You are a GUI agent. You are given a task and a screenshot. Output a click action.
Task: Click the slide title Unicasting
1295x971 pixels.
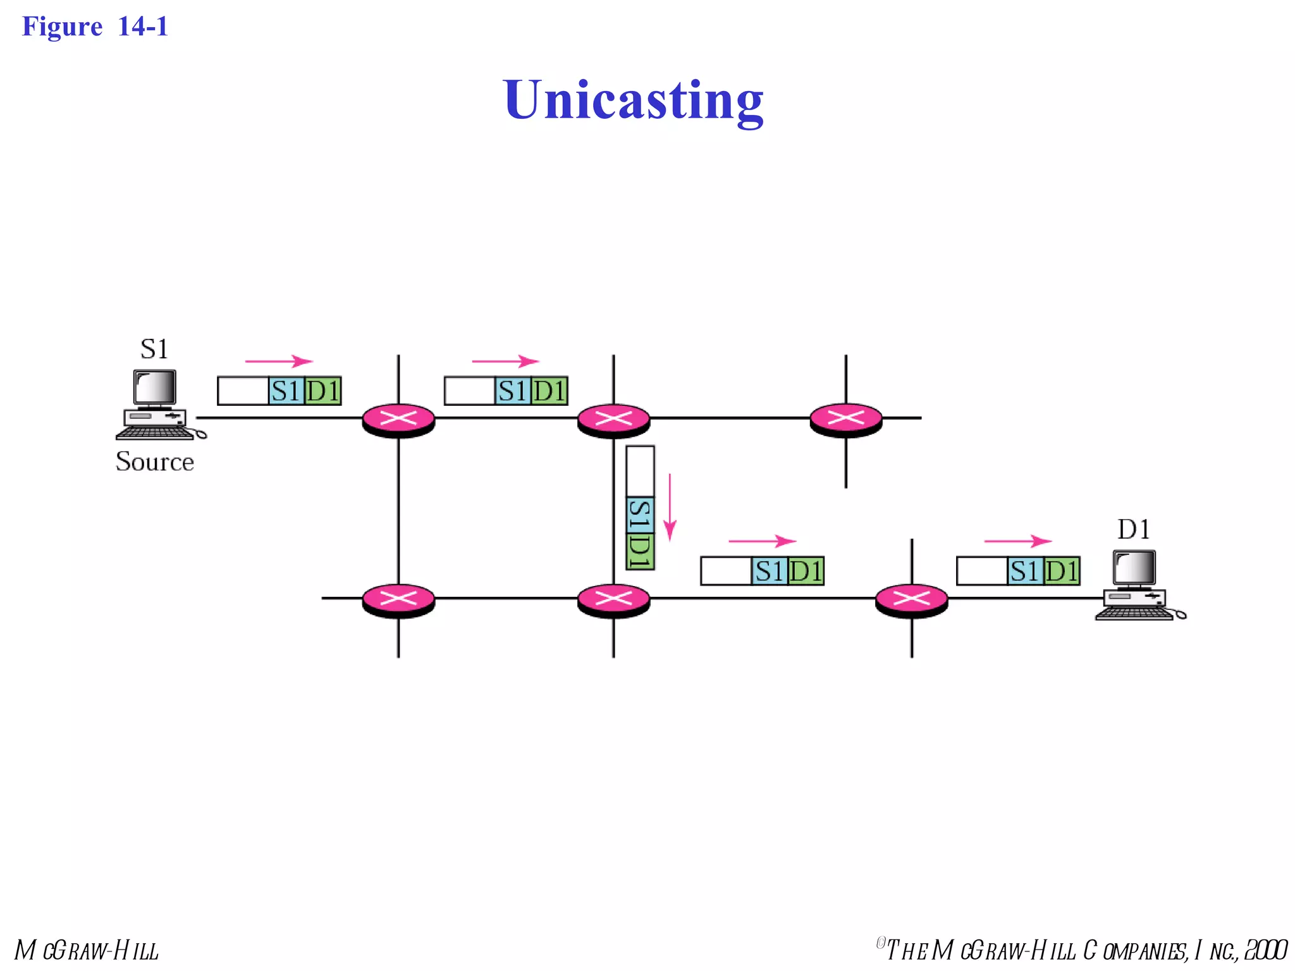point(633,100)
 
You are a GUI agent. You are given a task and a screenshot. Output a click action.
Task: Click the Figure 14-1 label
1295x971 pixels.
point(95,27)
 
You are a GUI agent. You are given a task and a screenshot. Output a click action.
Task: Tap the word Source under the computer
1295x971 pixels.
point(154,461)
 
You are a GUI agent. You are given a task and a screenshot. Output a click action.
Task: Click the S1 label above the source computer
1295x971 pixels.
point(154,349)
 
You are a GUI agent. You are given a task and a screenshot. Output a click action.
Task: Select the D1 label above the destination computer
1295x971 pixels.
point(1133,529)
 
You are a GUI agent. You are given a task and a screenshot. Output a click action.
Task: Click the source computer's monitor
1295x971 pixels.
point(154,387)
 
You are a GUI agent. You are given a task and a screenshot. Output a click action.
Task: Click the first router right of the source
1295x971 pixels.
point(398,419)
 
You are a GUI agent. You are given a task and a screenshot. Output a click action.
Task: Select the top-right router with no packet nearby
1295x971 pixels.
point(845,419)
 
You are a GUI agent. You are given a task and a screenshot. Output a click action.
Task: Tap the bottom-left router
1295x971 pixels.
point(398,599)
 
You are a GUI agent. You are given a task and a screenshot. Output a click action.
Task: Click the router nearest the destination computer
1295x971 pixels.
point(911,599)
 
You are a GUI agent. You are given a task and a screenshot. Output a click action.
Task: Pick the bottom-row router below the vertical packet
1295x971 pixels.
point(613,599)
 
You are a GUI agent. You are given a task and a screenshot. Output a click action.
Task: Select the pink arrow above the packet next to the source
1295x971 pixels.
point(278,362)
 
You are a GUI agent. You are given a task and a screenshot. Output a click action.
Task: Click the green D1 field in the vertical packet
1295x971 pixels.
point(640,551)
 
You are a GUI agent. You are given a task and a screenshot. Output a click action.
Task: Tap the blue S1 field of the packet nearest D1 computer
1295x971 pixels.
point(1024,571)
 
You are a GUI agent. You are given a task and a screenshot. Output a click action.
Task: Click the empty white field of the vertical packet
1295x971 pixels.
point(640,471)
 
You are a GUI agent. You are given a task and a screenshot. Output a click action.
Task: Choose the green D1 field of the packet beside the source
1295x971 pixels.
point(323,391)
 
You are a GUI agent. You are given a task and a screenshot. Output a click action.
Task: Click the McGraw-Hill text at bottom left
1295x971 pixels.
point(87,950)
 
